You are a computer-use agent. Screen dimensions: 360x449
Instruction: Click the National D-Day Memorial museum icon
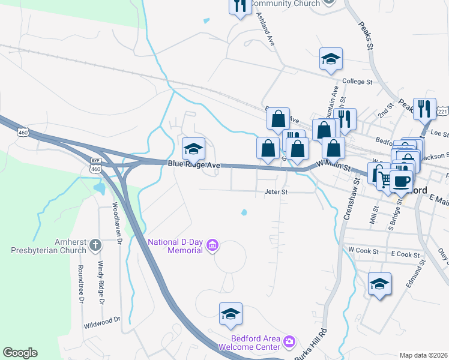[212, 245]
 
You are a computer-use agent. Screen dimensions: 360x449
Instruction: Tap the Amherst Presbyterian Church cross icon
[95, 245]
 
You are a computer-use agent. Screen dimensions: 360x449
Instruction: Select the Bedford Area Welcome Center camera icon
[289, 341]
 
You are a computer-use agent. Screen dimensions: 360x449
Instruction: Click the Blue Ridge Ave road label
[194, 164]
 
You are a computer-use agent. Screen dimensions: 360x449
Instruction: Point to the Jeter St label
[277, 192]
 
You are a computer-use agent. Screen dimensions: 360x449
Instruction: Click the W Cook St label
[363, 248]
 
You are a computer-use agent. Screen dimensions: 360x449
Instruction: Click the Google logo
[20, 353]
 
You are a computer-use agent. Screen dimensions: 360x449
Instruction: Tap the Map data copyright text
[423, 355]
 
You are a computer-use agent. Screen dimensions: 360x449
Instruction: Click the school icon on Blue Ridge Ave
[193, 148]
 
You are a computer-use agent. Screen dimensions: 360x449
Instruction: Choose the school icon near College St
[331, 59]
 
